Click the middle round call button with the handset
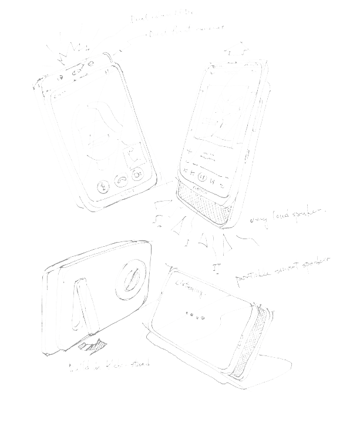(x=122, y=180)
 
